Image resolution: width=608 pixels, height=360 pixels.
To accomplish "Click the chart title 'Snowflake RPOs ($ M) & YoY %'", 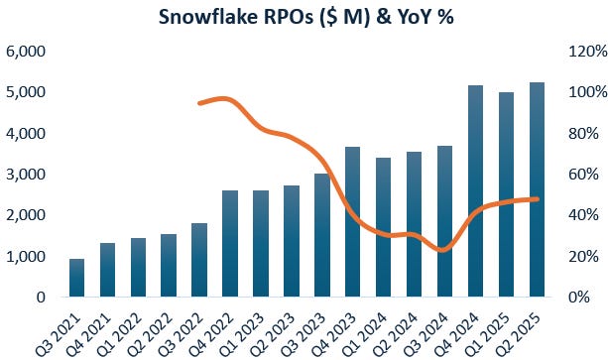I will click(x=304, y=17).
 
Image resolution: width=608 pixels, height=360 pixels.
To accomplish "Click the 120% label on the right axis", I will click(x=580, y=51).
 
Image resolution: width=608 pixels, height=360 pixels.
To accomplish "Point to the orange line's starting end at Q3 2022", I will click(x=199, y=103).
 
